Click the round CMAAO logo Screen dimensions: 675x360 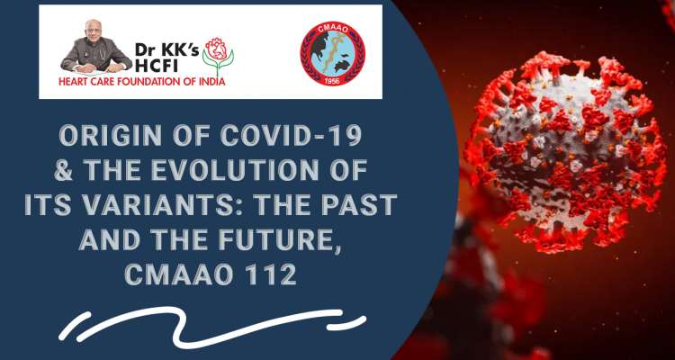(x=332, y=54)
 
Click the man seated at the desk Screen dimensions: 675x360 (x=96, y=47)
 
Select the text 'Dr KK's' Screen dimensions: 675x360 (x=167, y=51)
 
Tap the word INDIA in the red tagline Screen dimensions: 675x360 (x=212, y=82)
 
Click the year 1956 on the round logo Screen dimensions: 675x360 (x=332, y=79)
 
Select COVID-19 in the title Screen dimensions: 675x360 (x=291, y=136)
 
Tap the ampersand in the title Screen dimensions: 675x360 (x=64, y=170)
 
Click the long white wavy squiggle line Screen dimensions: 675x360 (x=199, y=326)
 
